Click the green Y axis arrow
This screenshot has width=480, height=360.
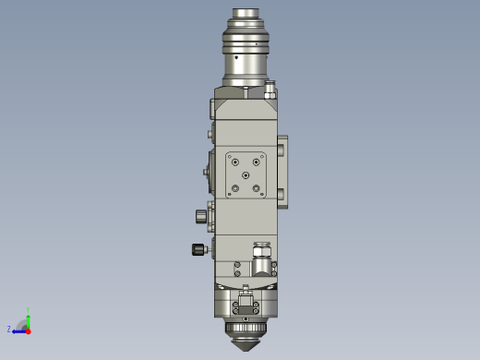tap(29, 317)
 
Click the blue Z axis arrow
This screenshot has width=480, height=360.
tap(18, 330)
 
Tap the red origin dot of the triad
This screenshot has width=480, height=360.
tap(28, 330)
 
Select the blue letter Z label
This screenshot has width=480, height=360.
tap(9, 329)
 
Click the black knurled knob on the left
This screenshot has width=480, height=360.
tap(198, 249)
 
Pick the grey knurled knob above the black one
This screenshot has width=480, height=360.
tap(200, 216)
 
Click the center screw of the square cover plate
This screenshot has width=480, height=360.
tap(246, 174)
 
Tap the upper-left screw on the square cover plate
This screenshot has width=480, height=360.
tap(234, 160)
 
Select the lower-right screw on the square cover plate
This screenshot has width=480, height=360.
tap(258, 189)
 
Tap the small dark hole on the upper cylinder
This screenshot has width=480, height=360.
tap(236, 57)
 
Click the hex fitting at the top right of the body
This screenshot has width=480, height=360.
tap(270, 90)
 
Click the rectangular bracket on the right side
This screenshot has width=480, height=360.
tap(282, 172)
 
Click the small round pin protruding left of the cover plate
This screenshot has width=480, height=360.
tap(205, 172)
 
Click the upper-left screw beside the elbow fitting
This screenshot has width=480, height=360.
tap(237, 264)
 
